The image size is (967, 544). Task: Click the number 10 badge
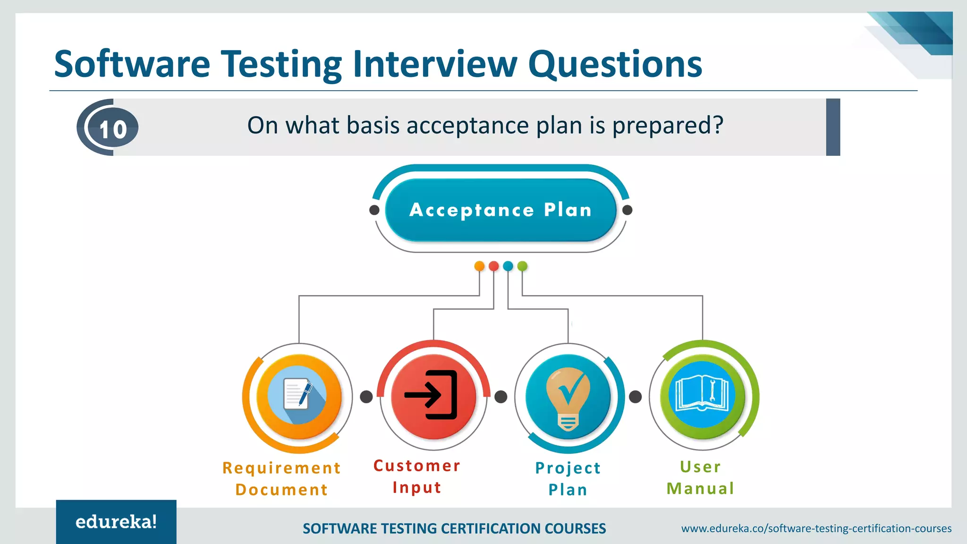click(x=113, y=128)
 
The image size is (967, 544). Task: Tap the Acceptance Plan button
click(x=500, y=210)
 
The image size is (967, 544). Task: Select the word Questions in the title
click(x=615, y=65)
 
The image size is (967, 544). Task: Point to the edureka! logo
click(x=116, y=522)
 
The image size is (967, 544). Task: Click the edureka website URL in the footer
click(x=816, y=528)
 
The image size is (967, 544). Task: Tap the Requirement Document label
click(x=282, y=478)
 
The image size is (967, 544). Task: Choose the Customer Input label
click(x=417, y=476)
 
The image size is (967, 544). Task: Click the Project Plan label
click(x=568, y=478)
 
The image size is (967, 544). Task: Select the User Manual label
click(x=701, y=477)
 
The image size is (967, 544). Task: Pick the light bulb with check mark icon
click(x=568, y=398)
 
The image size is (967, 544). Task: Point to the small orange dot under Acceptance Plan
click(x=479, y=266)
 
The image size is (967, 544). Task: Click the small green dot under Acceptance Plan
click(x=522, y=266)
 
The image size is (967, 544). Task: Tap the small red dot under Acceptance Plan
click(x=494, y=266)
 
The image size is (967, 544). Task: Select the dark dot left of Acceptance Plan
click(x=374, y=210)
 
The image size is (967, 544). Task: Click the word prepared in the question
click(x=667, y=126)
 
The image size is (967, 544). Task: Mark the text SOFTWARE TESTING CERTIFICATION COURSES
click(x=454, y=528)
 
